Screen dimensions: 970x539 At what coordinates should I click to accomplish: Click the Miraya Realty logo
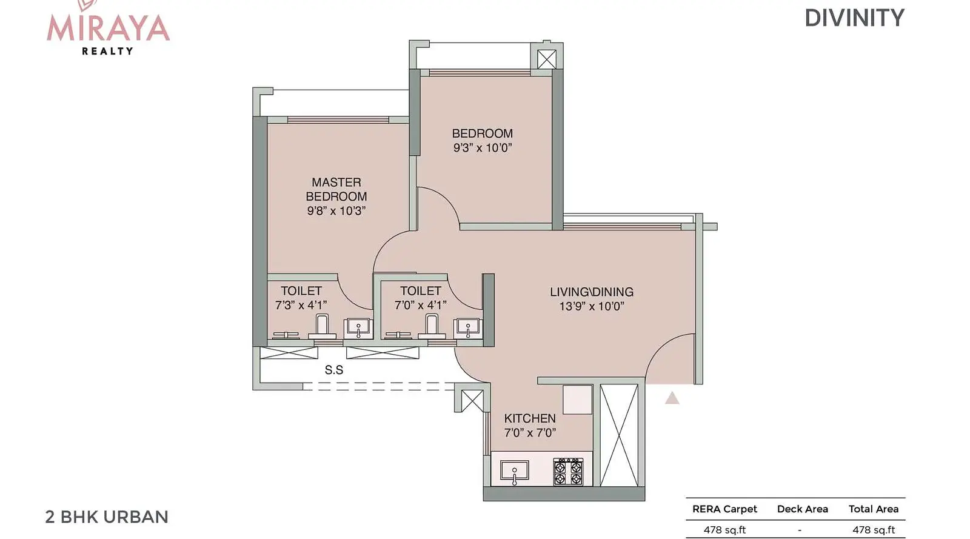108,28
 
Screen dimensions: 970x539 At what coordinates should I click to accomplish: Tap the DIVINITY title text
854,18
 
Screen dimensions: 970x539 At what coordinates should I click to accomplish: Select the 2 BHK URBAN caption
107,517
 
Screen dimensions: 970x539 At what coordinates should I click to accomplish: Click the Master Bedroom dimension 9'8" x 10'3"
336,211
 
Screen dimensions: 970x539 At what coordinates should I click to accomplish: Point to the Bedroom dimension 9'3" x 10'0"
483,147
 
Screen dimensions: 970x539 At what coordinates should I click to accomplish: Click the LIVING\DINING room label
592,292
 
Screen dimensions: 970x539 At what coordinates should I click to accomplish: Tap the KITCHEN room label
530,418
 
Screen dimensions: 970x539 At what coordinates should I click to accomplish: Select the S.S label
334,370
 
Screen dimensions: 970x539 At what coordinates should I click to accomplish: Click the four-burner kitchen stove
568,472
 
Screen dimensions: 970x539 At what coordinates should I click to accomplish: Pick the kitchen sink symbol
514,472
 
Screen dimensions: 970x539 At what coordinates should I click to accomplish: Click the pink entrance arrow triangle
672,398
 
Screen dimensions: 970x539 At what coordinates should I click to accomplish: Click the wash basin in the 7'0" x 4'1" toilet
467,329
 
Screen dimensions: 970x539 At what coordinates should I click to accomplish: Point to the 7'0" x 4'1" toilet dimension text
420,305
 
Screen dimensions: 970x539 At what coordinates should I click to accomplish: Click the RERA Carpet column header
724,509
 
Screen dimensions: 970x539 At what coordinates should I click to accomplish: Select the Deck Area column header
803,509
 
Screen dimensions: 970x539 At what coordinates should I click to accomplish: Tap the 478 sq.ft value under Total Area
874,530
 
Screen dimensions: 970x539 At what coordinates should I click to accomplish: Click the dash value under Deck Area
800,530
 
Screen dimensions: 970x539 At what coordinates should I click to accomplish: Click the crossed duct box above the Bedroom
546,59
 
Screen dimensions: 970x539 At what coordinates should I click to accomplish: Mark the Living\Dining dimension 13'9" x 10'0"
592,307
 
